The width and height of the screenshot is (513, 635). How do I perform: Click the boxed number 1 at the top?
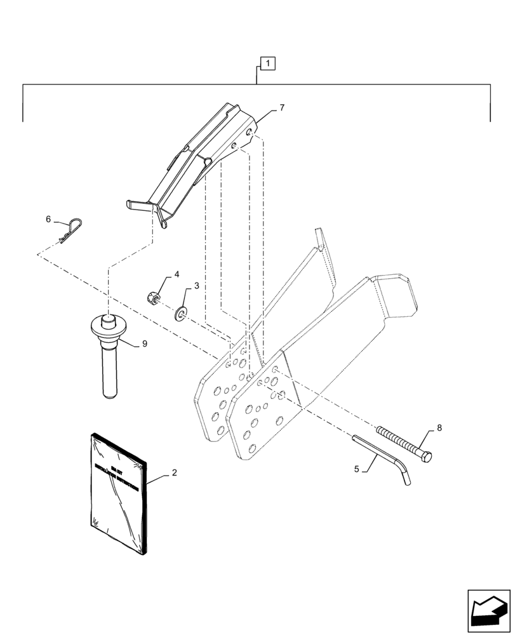pyautogui.click(x=268, y=63)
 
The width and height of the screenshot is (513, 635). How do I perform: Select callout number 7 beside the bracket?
pyautogui.click(x=281, y=108)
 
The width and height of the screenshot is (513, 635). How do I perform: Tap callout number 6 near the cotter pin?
pyautogui.click(x=48, y=219)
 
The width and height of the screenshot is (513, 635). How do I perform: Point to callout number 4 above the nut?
pyautogui.click(x=177, y=274)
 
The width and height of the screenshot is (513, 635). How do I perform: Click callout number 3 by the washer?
pyautogui.click(x=196, y=286)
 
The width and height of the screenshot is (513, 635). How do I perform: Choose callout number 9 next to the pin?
pyautogui.click(x=145, y=344)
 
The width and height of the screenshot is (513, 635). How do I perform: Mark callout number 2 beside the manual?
pyautogui.click(x=174, y=473)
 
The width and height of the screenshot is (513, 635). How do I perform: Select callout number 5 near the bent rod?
pyautogui.click(x=357, y=469)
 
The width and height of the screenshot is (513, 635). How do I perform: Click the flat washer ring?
pyautogui.click(x=180, y=312)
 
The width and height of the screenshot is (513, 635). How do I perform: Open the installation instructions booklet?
pyautogui.click(x=119, y=491)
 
